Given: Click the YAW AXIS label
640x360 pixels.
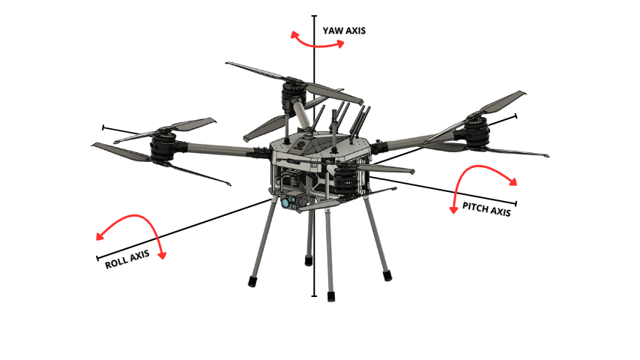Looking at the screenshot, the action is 344,31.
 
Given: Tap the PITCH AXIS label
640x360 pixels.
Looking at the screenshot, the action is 486,208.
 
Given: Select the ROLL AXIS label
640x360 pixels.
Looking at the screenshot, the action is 127,259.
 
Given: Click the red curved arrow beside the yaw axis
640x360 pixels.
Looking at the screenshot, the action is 318,44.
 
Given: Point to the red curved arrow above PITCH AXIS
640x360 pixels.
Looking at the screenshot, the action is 477,166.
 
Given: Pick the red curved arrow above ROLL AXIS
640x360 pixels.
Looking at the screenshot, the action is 135,216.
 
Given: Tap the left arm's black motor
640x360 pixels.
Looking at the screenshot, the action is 163,147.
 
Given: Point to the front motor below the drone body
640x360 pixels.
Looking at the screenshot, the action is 345,180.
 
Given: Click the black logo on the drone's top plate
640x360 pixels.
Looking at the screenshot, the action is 301,145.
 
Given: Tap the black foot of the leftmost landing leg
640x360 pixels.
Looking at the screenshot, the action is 253,281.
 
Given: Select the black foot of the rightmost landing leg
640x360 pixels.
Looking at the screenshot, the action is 387,275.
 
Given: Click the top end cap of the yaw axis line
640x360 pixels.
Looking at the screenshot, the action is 314,16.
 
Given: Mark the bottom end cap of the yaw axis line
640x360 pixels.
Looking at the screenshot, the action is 314,295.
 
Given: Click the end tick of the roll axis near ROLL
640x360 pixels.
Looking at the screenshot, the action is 97,258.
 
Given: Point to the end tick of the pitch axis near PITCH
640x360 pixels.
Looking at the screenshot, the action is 516,203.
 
